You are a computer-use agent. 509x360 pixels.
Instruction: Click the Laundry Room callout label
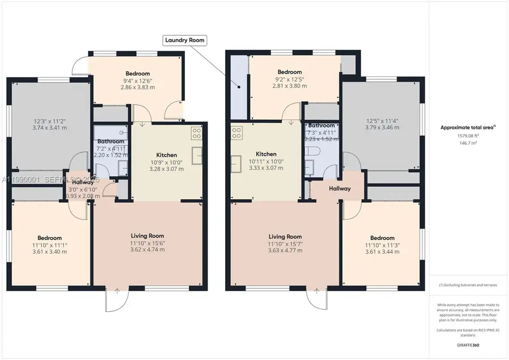pos(184,40)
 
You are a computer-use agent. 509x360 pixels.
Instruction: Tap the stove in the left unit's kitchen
pos(197,133)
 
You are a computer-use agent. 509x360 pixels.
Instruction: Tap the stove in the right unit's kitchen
pos(236,134)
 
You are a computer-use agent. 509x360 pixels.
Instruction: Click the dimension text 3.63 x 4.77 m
pos(284,251)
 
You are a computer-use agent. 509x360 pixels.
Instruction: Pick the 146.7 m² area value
pos(468,144)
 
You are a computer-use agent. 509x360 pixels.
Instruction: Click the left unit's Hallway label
pos(82,182)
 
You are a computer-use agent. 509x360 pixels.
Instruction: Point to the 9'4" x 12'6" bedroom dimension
pos(137,82)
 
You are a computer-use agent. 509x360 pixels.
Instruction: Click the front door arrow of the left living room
pos(117,291)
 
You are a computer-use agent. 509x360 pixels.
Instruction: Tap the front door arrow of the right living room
pos(316,291)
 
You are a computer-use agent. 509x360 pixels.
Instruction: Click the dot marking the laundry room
pos(239,87)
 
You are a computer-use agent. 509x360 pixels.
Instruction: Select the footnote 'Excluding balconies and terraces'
pos(467,285)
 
